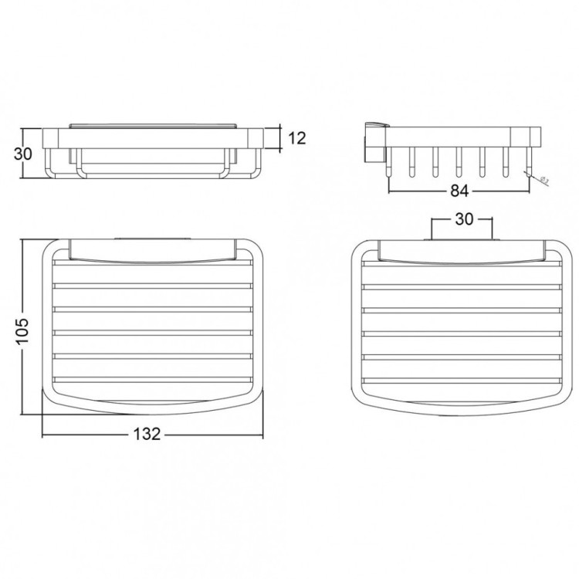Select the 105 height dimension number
[x=23, y=328]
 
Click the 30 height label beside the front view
[x=23, y=153]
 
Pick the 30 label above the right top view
[x=462, y=220]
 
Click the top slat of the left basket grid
[x=153, y=264]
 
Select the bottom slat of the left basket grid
[x=153, y=380]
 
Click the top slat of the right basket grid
[x=462, y=264]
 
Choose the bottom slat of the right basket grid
[x=462, y=380]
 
